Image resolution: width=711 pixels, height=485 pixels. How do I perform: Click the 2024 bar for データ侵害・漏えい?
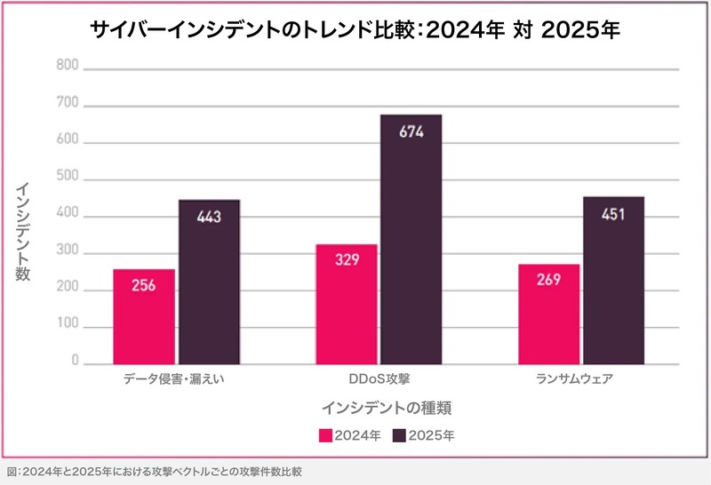tap(144, 316)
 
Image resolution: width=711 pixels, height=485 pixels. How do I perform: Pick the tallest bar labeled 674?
tap(411, 239)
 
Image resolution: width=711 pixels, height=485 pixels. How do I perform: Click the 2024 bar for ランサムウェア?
tap(548, 314)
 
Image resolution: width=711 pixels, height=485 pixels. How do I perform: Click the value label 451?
tap(613, 214)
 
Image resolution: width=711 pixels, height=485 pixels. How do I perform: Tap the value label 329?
tap(347, 261)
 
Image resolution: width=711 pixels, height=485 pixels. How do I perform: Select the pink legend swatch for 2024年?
tap(325, 436)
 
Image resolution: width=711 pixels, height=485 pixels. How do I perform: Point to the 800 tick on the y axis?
tap(68, 67)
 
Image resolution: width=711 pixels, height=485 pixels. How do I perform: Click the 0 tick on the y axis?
tap(75, 364)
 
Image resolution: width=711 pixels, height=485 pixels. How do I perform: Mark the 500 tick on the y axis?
tap(68, 179)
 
